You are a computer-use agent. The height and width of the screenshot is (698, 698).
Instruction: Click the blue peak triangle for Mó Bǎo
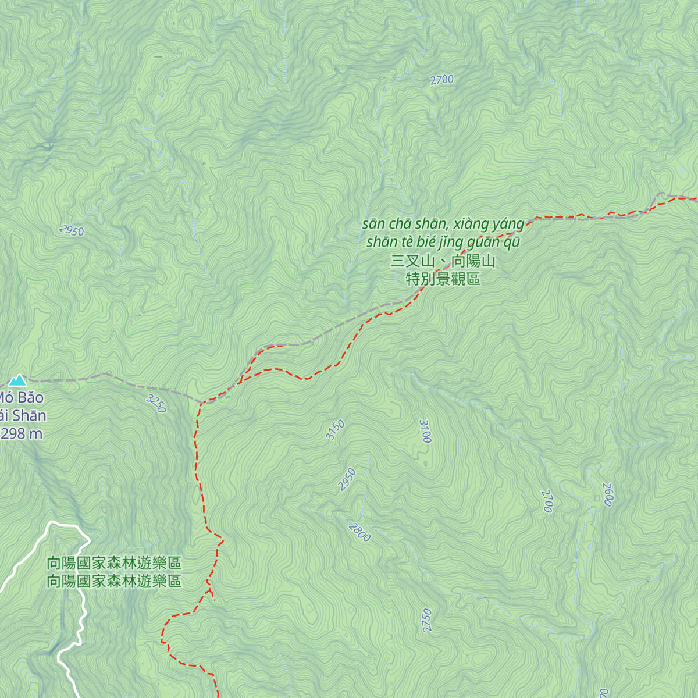click(x=17, y=380)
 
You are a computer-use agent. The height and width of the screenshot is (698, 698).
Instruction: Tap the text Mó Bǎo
click(x=21, y=398)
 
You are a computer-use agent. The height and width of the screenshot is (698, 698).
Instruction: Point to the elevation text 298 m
click(x=22, y=433)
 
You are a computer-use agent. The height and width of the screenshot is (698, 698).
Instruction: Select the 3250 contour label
click(x=156, y=403)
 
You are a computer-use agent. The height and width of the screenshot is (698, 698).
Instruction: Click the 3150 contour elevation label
click(x=335, y=430)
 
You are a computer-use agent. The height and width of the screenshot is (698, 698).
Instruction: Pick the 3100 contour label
click(x=425, y=431)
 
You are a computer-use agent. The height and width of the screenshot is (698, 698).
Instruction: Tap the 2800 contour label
click(x=359, y=532)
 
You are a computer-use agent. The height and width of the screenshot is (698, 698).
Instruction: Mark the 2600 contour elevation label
click(x=608, y=494)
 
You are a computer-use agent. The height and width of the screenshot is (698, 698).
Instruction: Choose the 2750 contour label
click(x=427, y=620)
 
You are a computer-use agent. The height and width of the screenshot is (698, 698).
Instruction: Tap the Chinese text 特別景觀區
click(x=443, y=279)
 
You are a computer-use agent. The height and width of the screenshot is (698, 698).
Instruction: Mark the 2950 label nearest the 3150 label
click(x=347, y=479)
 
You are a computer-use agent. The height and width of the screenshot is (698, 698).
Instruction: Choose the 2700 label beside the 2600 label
click(x=547, y=501)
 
